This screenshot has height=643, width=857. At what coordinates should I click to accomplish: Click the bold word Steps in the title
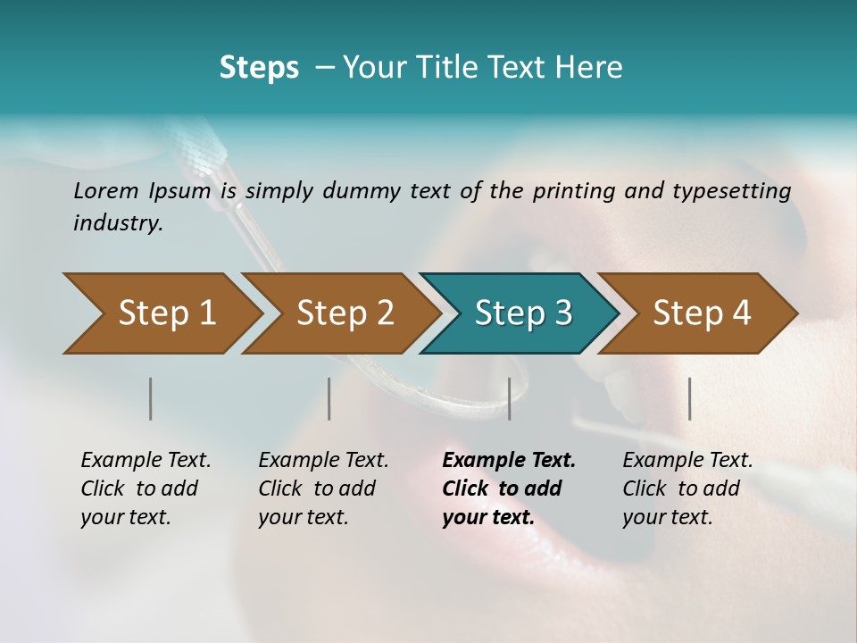coord(259,68)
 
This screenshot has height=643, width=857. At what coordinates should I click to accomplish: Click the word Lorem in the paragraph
coord(104,190)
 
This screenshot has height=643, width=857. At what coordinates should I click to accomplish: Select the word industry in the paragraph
coord(118,223)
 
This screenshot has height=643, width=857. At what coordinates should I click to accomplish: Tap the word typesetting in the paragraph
coord(736,190)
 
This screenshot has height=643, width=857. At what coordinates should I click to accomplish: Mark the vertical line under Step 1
coord(151,398)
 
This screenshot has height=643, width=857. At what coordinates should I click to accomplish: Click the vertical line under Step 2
coord(329,398)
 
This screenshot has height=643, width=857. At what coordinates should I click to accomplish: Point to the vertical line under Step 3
coord(509,398)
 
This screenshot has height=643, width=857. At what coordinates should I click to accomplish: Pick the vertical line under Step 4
coord(689,398)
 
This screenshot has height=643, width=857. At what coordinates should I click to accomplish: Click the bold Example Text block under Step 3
coord(509,489)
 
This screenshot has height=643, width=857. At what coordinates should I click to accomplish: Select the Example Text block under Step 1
coord(146,489)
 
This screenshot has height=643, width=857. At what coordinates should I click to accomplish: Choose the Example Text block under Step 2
coord(323,489)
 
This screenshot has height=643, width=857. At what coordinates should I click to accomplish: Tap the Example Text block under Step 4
coord(687,489)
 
